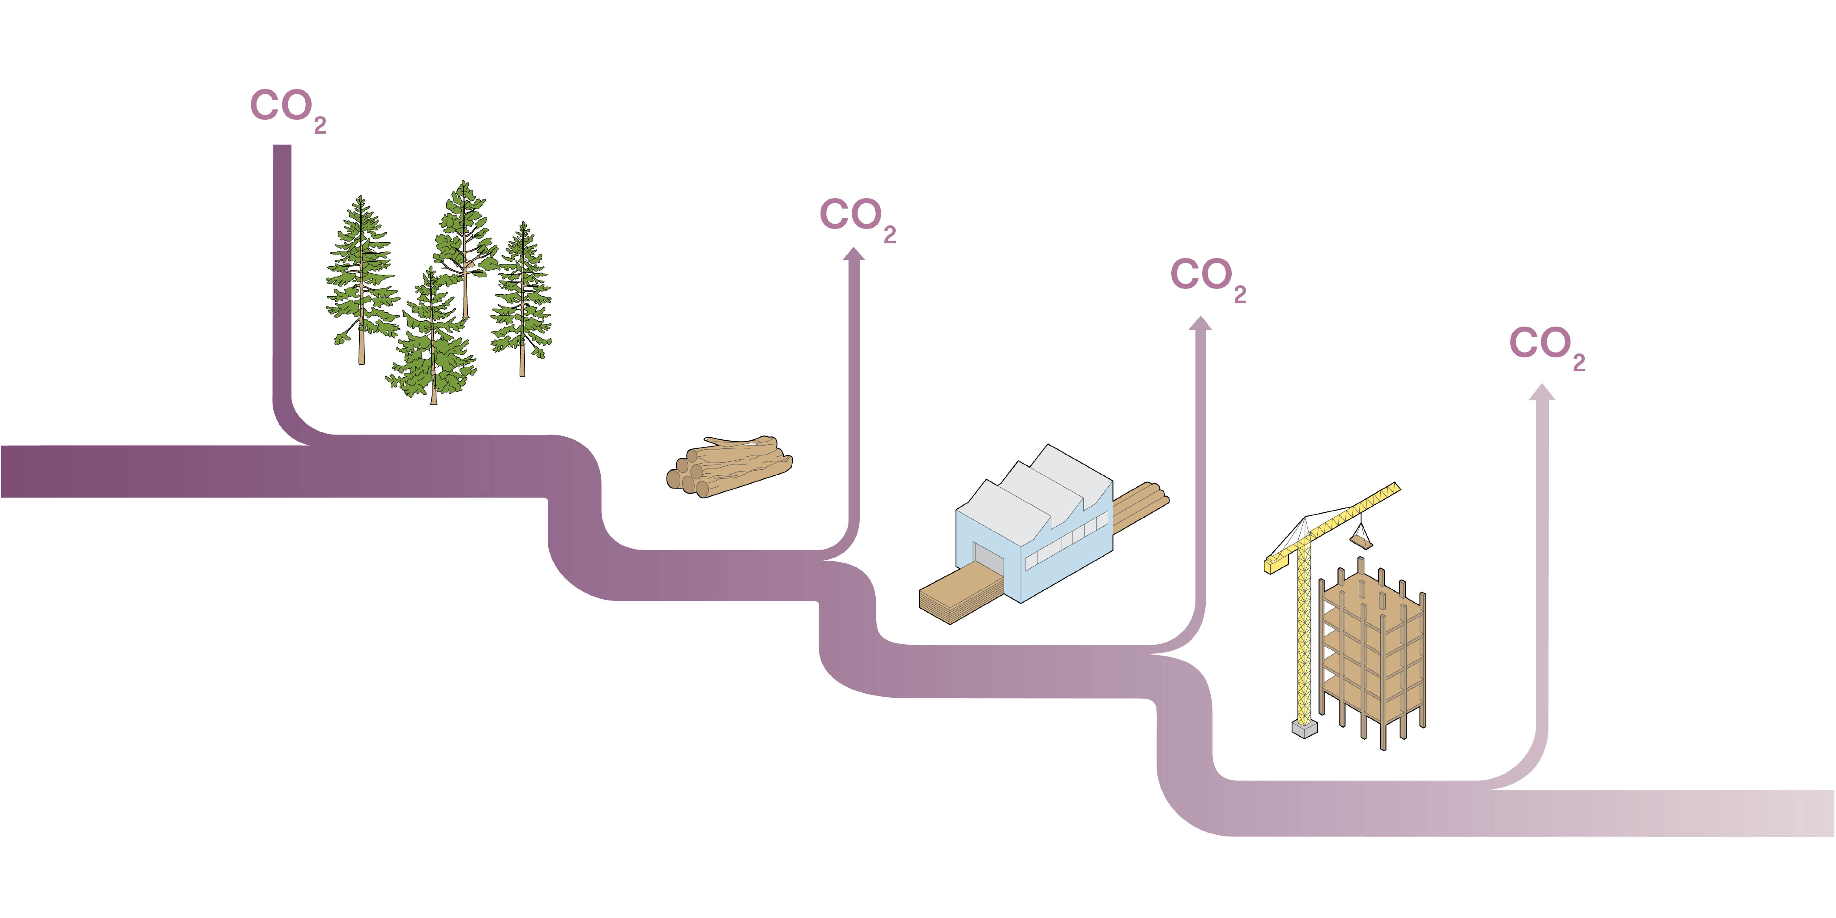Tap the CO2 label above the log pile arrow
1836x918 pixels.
858,219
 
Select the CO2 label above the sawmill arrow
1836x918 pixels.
1208,279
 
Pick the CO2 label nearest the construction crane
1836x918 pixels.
1547,348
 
